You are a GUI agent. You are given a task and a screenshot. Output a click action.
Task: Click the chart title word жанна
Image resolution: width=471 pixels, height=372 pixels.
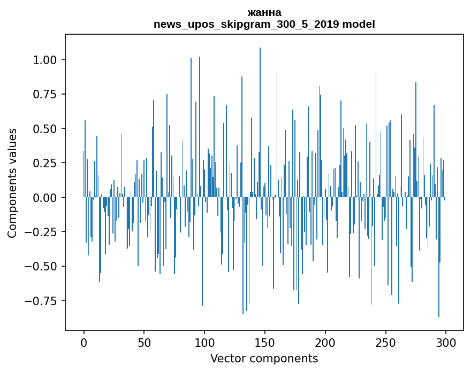264,12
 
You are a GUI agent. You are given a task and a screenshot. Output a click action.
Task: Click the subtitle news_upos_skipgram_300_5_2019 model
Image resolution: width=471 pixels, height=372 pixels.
264,24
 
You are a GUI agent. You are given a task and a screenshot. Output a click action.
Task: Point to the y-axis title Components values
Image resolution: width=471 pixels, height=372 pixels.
12,183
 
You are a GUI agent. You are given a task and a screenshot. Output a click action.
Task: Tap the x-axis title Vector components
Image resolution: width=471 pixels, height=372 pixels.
264,358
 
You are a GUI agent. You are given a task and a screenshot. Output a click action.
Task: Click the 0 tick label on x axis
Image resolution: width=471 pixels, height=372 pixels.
84,343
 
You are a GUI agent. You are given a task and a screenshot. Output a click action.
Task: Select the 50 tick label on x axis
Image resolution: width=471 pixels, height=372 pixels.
144,343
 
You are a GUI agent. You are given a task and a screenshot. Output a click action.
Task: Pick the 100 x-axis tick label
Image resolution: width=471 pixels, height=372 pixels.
204,343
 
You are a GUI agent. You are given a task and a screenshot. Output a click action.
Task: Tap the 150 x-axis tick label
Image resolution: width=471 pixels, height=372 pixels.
264,343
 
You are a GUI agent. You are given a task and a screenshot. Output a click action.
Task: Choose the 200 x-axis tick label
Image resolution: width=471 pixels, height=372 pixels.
325,343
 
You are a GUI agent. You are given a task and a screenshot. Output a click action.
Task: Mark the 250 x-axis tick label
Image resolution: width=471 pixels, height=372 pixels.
385,343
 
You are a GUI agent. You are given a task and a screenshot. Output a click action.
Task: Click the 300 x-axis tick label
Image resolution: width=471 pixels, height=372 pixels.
445,343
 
